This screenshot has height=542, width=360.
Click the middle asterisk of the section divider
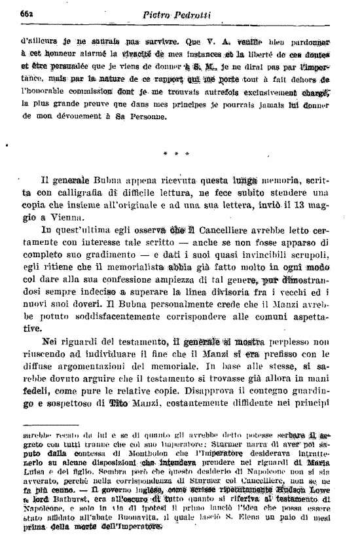(x=177, y=154)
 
